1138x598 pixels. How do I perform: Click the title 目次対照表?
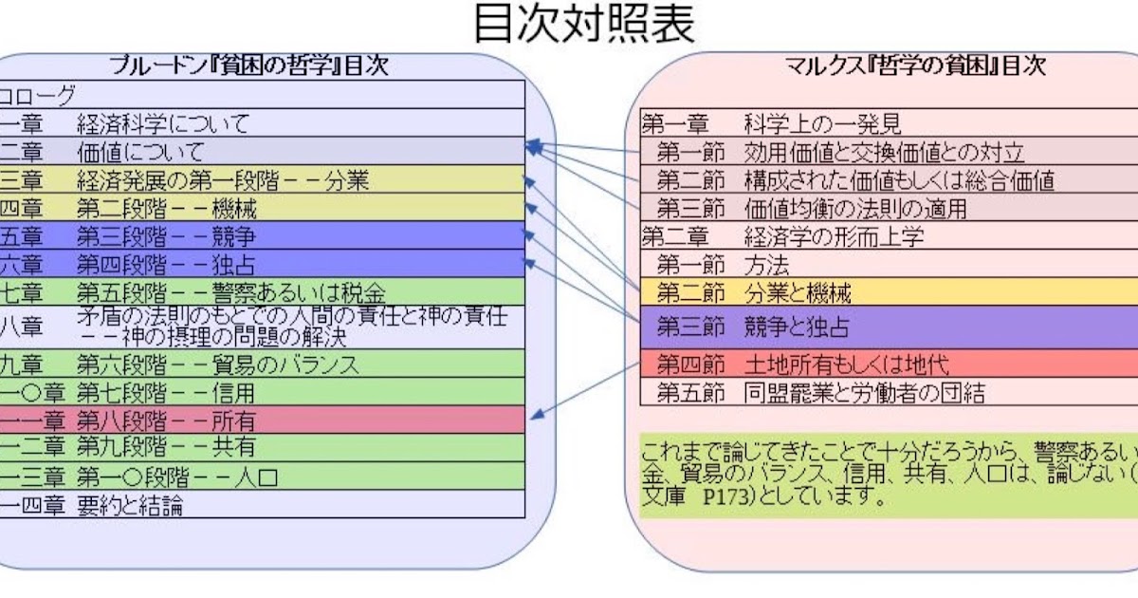point(584,25)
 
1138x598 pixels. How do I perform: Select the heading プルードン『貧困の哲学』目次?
point(248,65)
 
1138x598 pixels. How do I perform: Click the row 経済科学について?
point(163,123)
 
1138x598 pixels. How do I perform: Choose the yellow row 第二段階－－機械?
point(167,208)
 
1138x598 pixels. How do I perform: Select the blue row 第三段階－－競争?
point(167,236)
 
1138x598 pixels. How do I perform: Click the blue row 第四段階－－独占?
point(167,264)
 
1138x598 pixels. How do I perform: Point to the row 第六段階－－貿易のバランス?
point(218,364)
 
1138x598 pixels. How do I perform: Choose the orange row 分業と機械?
point(798,292)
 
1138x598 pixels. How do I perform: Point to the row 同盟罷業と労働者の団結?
point(863,392)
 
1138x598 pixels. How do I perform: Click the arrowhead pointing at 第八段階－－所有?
point(537,414)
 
